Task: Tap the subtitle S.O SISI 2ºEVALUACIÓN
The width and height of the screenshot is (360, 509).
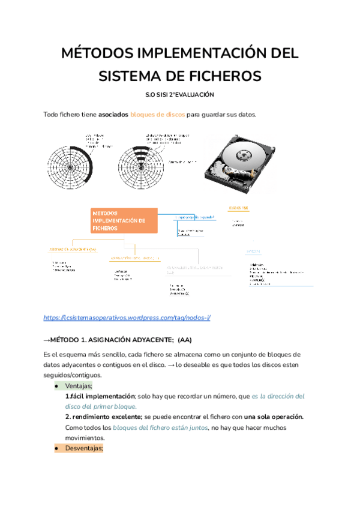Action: tap(180, 95)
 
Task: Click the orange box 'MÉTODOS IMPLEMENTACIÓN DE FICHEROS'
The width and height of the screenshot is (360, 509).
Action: tap(124, 221)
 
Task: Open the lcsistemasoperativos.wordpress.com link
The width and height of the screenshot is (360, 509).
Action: tap(127, 318)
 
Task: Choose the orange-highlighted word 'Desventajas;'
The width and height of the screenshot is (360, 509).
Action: tap(83, 448)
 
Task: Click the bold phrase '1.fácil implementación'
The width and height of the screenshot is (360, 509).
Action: tap(100, 396)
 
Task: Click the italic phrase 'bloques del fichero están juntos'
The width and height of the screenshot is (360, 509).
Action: tap(160, 428)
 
